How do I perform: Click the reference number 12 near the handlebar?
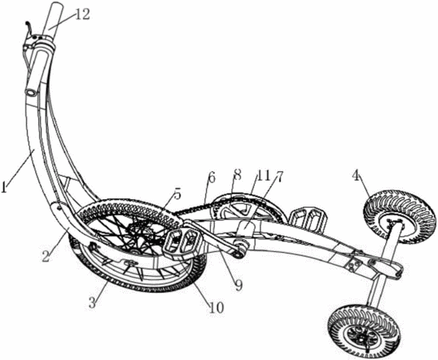tap(82, 14)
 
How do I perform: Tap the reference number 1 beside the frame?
tap(4, 187)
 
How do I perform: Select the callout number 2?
tap(46, 257)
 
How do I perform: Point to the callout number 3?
tap(93, 302)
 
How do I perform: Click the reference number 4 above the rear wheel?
tap(356, 176)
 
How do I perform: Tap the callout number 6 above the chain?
tap(212, 178)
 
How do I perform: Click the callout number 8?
tap(237, 176)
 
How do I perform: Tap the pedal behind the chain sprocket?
tap(308, 218)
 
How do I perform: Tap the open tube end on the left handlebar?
tap(30, 93)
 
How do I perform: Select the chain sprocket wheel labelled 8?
tap(241, 208)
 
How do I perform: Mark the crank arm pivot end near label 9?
tap(240, 250)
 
